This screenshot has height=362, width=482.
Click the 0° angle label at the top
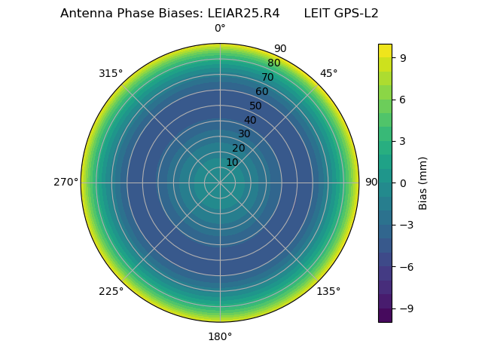[x=220, y=29]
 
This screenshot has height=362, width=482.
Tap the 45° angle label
[x=328, y=73]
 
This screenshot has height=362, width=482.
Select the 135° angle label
[x=328, y=291]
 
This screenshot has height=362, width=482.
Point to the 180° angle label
[x=220, y=336]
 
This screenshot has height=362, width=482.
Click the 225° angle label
[x=111, y=291]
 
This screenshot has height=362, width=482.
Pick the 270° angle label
[x=66, y=183]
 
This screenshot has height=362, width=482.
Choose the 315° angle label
[x=111, y=73]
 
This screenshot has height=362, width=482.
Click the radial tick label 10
[x=232, y=162]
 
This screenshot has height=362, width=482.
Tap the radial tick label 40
[x=250, y=120]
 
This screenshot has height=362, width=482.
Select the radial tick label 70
[x=267, y=77]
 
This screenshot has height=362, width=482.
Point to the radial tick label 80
[x=273, y=63]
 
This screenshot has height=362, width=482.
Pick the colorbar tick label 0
[x=403, y=183]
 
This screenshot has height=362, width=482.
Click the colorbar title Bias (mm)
[x=423, y=183]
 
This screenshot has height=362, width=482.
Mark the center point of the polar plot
[x=220, y=183]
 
